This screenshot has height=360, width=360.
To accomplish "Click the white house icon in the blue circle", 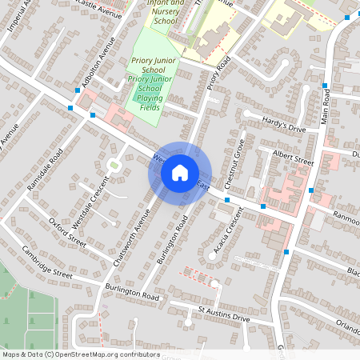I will (180, 172).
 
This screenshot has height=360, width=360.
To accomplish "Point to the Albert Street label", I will (292, 158).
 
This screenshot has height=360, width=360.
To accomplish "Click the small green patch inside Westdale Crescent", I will (114, 166).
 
